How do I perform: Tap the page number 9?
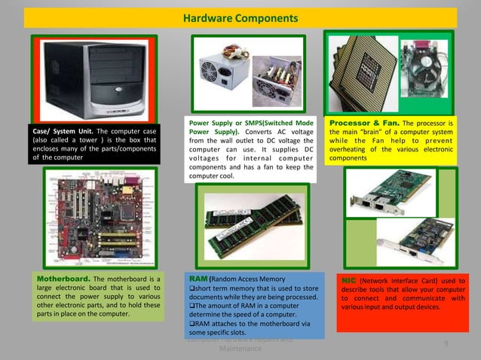(x=447, y=344)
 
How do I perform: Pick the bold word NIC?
(x=349, y=279)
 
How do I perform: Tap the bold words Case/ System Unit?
(x=59, y=133)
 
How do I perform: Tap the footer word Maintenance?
(x=240, y=350)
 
